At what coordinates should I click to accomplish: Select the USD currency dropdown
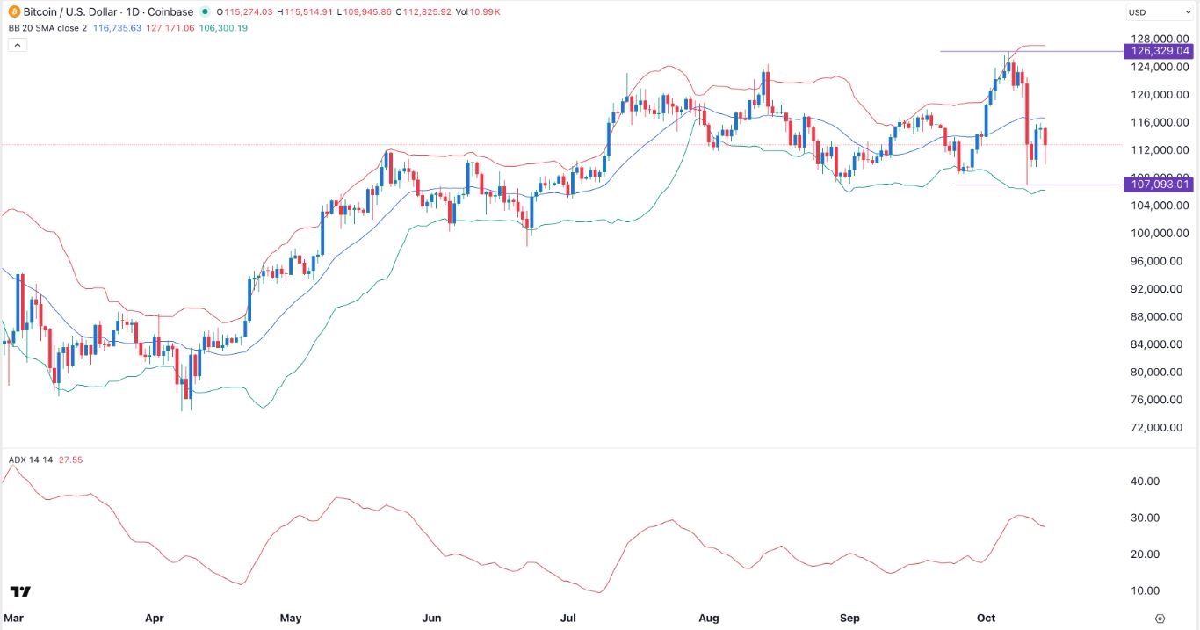pyautogui.click(x=1156, y=13)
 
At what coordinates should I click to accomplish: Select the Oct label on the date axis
pyautogui.click(x=986, y=618)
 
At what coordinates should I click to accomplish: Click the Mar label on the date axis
pyautogui.click(x=12, y=618)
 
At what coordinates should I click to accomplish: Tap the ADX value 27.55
pyautogui.click(x=70, y=460)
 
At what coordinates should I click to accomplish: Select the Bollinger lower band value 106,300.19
pyautogui.click(x=224, y=28)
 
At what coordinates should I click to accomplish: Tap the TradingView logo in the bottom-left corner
pyautogui.click(x=21, y=591)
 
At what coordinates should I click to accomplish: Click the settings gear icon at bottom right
pyautogui.click(x=1160, y=618)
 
